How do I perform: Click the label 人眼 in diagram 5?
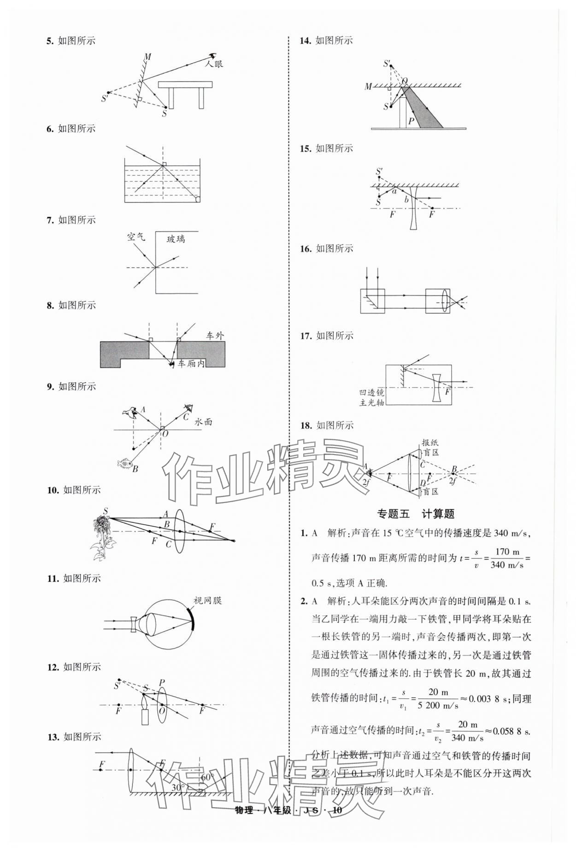(214, 64)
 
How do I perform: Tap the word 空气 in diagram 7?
(136, 237)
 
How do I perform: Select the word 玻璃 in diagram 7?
(176, 239)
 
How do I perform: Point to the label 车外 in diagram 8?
(215, 336)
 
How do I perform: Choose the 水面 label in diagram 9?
(203, 421)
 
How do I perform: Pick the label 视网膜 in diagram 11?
(207, 601)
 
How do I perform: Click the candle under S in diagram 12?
(145, 717)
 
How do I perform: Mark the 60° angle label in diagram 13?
(208, 777)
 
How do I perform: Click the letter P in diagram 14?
(411, 121)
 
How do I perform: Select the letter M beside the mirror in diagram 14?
(368, 86)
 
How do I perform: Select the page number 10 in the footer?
(337, 823)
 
